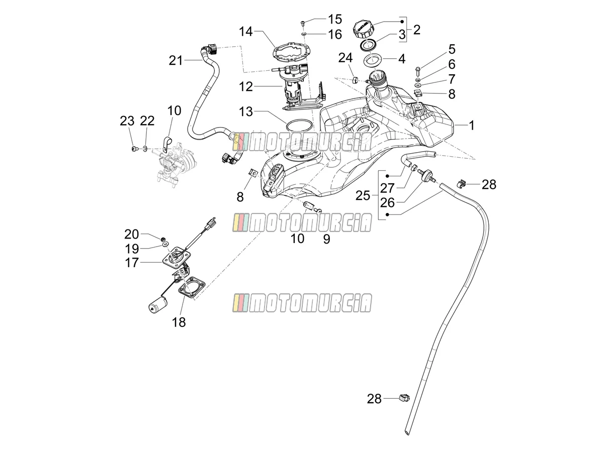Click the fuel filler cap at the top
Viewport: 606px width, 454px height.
point(364,30)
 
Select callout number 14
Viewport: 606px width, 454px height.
point(246,32)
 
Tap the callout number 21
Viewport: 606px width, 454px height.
point(176,60)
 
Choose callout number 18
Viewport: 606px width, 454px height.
point(179,322)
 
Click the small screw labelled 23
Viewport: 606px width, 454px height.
point(134,149)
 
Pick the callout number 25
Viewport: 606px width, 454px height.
point(363,195)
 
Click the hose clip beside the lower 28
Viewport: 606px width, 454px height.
point(404,398)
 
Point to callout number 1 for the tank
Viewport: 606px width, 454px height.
point(472,126)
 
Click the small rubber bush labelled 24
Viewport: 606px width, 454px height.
point(354,80)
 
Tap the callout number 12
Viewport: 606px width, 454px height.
point(246,87)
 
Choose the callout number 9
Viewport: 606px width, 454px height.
point(326,239)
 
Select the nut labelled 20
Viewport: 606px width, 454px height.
point(163,239)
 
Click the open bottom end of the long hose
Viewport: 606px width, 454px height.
point(407,432)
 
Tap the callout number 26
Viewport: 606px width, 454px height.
point(387,203)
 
